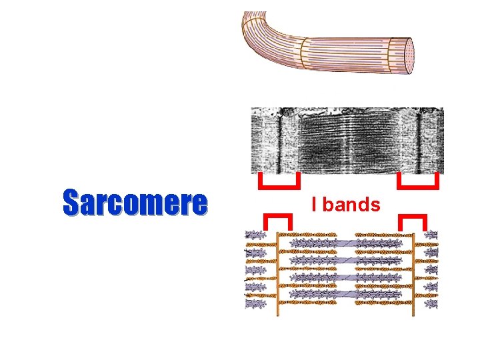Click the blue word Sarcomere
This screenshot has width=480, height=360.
(135, 203)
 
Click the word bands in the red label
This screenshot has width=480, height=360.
(351, 205)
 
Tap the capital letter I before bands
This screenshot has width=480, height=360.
(314, 205)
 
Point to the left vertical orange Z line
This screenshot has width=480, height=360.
(279, 273)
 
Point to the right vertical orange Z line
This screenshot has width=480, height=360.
(414, 273)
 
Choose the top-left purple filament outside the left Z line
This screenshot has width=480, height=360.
(255, 235)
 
